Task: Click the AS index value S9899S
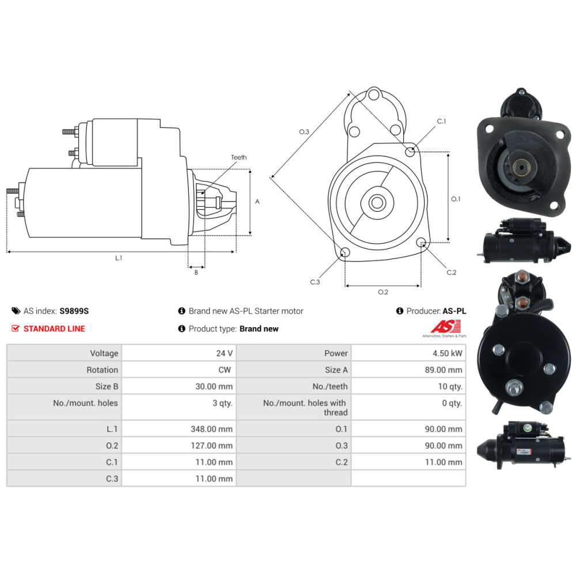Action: (74, 311)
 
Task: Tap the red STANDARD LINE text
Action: (54, 329)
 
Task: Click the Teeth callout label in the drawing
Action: (238, 157)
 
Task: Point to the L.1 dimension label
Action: (119, 259)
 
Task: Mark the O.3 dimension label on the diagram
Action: (304, 132)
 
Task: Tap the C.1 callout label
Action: (441, 122)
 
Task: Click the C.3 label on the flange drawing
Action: (314, 282)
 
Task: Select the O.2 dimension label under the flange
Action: (382, 292)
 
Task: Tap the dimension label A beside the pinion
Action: (257, 202)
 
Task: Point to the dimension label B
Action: (196, 272)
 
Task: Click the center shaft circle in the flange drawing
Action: (378, 202)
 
